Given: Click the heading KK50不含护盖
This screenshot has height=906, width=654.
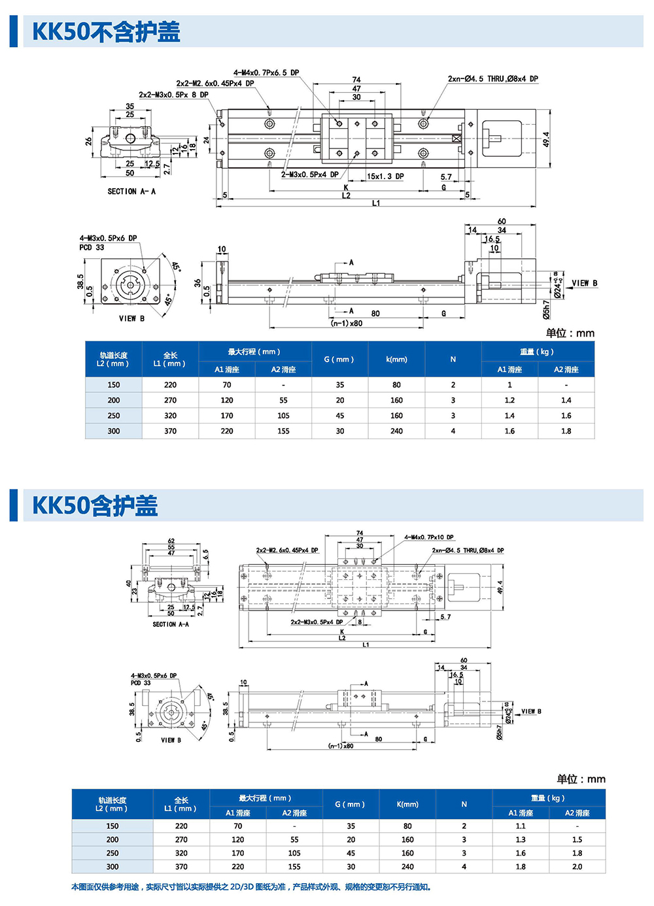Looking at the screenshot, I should point(106,31).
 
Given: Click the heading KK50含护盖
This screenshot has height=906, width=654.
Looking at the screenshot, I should point(95,505).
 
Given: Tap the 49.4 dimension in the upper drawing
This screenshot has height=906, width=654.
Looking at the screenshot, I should point(546,139).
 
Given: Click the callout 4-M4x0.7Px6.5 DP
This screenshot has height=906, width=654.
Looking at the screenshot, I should point(266,73).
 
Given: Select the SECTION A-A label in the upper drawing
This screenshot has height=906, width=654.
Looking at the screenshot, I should point(131,192).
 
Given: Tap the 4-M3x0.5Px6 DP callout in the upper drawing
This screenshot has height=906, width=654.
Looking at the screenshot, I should point(108,239).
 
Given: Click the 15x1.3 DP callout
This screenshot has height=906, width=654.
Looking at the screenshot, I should point(385,176).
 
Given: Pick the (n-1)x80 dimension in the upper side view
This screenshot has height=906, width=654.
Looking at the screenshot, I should point(347,323).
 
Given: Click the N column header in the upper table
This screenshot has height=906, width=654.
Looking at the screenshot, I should point(453,359).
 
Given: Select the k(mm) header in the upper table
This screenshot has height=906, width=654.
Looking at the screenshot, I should point(396,359).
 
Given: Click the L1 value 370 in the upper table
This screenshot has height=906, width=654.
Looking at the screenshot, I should point(170,431).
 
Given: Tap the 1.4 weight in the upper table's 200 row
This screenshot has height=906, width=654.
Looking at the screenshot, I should point(566,400).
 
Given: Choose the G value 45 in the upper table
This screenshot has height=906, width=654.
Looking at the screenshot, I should point(340,416).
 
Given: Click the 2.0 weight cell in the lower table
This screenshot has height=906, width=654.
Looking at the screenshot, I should point(577,867).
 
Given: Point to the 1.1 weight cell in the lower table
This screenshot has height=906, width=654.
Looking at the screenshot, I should point(521,826).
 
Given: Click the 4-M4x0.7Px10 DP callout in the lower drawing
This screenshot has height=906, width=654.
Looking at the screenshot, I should point(429,537).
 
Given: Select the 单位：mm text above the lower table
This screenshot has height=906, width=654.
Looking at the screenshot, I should point(581,779).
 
